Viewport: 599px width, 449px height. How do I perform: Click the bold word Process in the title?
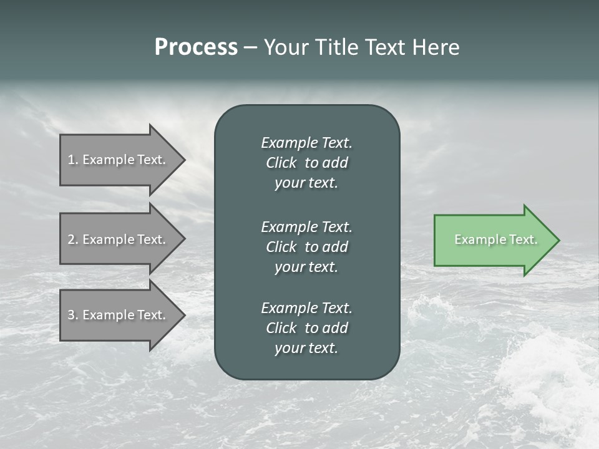196,47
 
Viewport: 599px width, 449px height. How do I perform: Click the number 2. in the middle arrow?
73,239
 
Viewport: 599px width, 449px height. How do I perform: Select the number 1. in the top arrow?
73,160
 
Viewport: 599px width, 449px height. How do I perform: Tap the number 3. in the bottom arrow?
73,315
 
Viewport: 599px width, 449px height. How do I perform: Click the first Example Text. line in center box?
306,143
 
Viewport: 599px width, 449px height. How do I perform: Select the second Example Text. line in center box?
306,226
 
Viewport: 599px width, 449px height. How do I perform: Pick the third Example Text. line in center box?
306,308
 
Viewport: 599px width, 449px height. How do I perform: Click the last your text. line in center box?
306,349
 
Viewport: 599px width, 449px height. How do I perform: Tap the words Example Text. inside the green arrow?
495,239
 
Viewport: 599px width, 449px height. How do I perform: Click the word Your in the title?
285,47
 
